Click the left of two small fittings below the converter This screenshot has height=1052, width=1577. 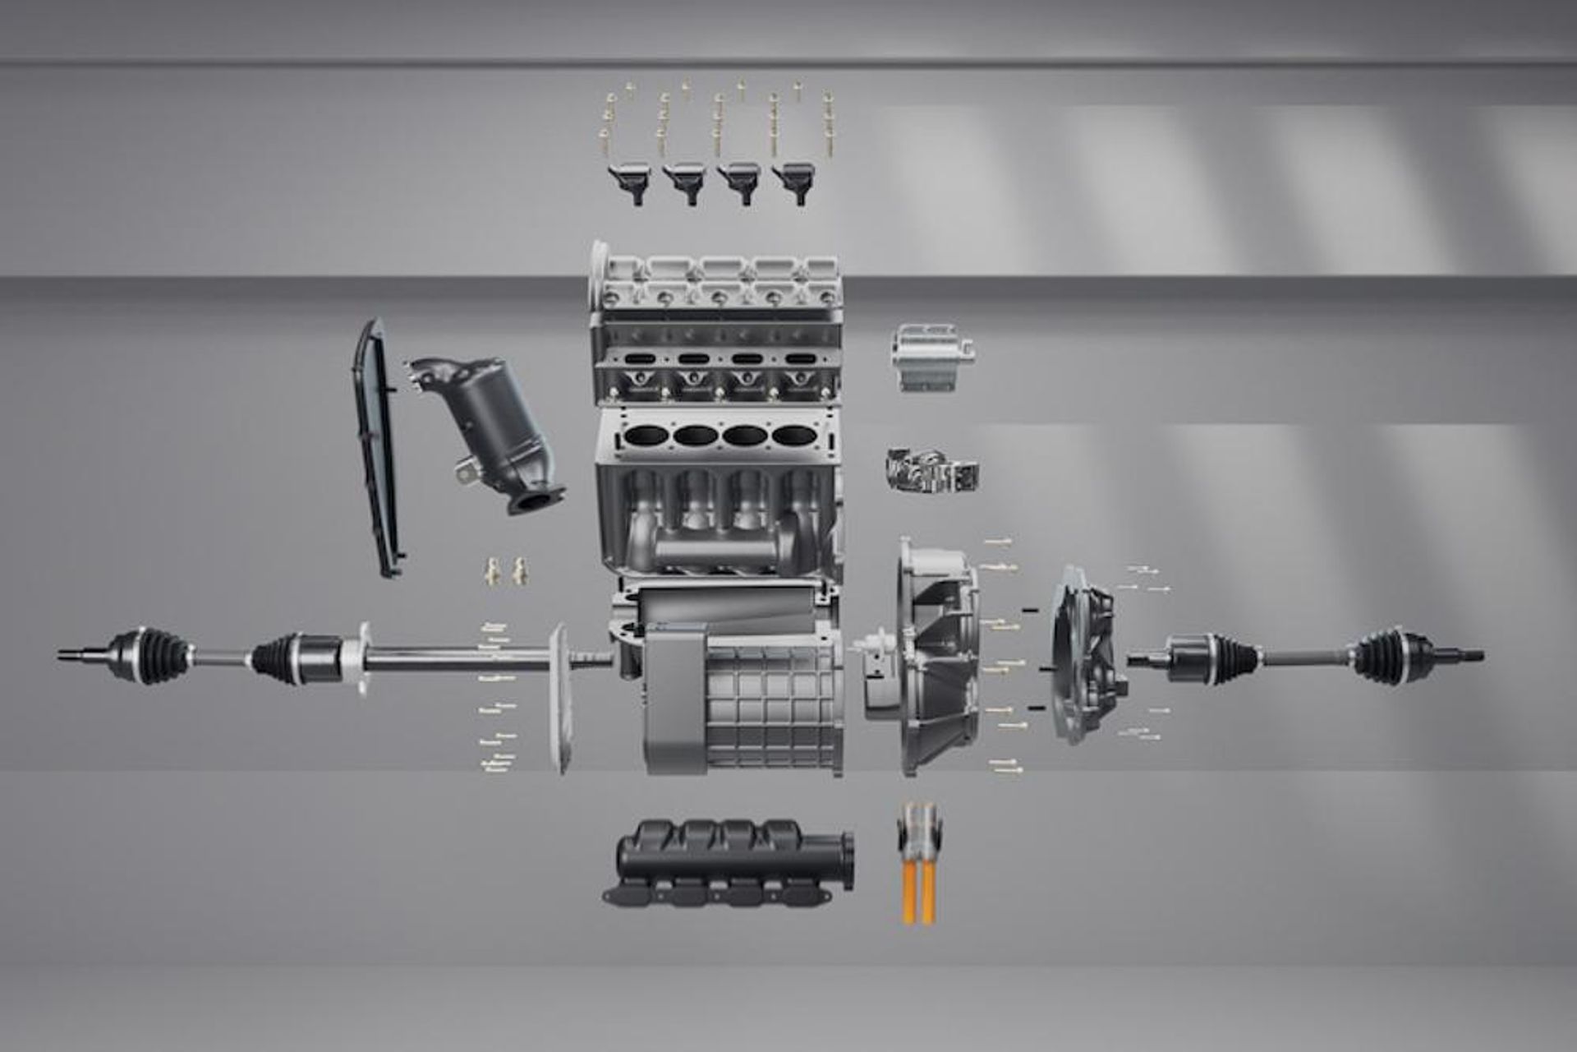point(493,570)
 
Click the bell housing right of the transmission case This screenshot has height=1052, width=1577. point(936,657)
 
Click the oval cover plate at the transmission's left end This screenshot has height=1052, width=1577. point(559,699)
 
